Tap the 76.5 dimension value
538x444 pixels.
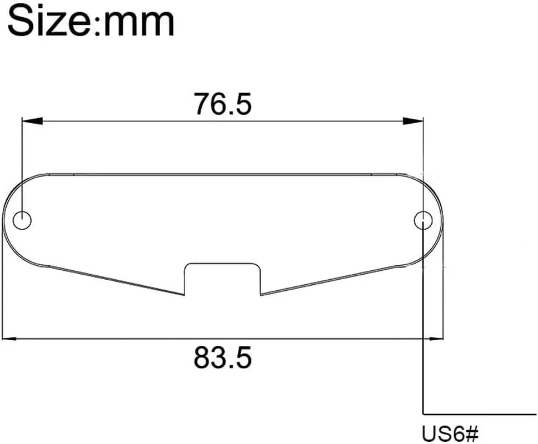click(223, 103)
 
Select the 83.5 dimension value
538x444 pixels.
click(223, 357)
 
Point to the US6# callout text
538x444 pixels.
click(450, 433)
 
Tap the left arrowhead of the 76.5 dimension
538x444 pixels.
click(32, 121)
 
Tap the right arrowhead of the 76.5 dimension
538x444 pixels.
click(414, 121)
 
